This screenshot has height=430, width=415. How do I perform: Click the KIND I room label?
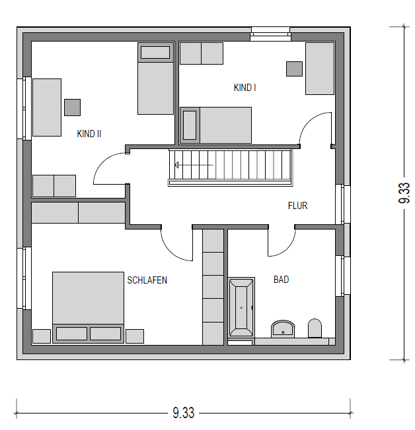pyautogui.click(x=245, y=88)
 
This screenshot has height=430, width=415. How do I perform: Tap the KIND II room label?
pyautogui.click(x=89, y=134)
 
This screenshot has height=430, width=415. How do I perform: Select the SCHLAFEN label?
pyautogui.click(x=147, y=280)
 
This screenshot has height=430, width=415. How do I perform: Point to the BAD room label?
pyautogui.click(x=281, y=280)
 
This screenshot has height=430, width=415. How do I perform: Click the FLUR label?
pyautogui.click(x=297, y=206)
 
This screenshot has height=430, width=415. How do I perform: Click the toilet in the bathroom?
pyautogui.click(x=315, y=328)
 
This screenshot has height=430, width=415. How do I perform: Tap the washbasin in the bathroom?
pyautogui.click(x=283, y=329)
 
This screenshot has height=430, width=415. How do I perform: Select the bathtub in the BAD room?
pyautogui.click(x=241, y=307)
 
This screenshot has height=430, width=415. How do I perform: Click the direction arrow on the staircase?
pyautogui.click(x=194, y=165)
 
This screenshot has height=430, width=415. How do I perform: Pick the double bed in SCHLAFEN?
pyautogui.click(x=88, y=307)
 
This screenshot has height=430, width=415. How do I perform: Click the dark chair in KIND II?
pyautogui.click(x=73, y=107)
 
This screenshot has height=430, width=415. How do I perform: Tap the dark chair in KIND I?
pyautogui.click(x=294, y=69)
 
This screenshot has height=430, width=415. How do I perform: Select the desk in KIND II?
pyautogui.click(x=47, y=107)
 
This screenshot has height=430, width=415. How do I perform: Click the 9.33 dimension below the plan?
pyautogui.click(x=183, y=413)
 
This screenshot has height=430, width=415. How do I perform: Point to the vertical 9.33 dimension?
pyautogui.click(x=404, y=193)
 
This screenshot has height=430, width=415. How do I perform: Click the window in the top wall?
pyautogui.click(x=270, y=34)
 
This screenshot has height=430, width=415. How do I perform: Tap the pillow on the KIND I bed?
pyautogui.click(x=190, y=125)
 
